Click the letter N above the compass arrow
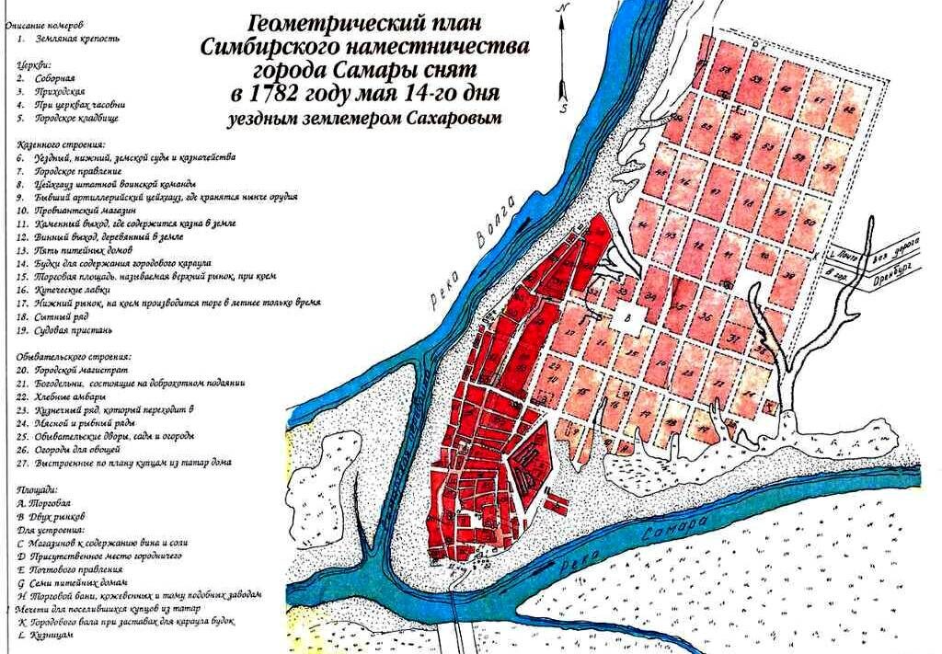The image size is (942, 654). tap(563, 7)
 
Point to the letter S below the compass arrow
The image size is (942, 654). tap(563, 103)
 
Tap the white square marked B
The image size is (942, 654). tap(630, 318)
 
